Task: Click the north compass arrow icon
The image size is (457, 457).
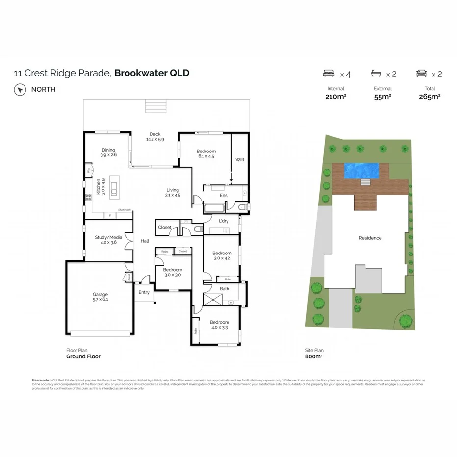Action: click(20, 90)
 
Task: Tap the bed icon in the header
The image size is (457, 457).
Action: click(328, 74)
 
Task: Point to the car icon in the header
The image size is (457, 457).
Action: click(421, 74)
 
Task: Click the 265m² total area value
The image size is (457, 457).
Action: click(429, 97)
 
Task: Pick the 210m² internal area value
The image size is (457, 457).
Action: click(336, 97)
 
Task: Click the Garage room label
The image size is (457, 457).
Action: click(100, 295)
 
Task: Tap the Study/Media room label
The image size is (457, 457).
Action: click(108, 237)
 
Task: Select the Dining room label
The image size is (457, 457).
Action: click(108, 150)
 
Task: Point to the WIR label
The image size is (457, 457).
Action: click(239, 160)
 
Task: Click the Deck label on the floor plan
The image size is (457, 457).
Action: click(155, 134)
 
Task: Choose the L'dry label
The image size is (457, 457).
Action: click(224, 221)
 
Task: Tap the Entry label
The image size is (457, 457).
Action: click(144, 292)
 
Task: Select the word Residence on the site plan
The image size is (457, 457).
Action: click(370, 238)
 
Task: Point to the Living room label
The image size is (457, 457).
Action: click(173, 190)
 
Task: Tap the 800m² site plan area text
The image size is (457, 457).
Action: click(314, 356)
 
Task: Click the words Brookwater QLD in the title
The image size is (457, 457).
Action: click(152, 73)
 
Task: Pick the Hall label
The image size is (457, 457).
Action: click(145, 241)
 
